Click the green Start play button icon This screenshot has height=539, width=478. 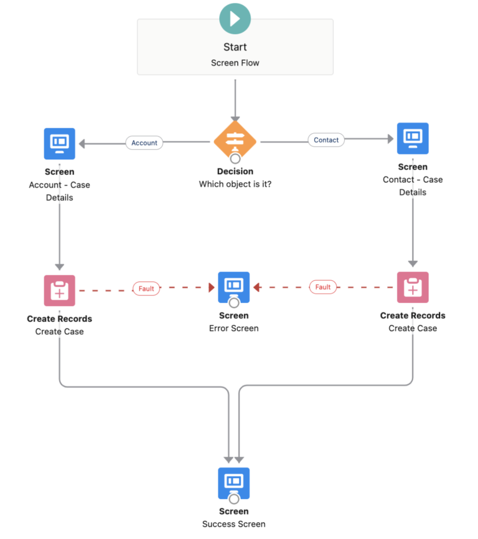[235, 19]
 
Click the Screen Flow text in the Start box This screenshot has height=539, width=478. [235, 63]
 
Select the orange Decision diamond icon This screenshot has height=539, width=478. [235, 141]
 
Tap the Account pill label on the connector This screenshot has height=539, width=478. [144, 143]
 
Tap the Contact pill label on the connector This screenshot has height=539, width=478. [326, 140]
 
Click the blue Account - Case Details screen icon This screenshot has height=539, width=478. [60, 144]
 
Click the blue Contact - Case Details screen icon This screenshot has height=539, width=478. [413, 138]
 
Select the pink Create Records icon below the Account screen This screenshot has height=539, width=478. [60, 291]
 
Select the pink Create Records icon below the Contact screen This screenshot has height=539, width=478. [413, 287]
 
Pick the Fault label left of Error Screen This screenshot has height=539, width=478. [146, 289]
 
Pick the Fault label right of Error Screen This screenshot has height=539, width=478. [322, 287]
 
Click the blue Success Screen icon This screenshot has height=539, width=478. [234, 483]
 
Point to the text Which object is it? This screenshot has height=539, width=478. [235, 184]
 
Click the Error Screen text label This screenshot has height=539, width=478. [234, 328]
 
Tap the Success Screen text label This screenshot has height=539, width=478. [234, 524]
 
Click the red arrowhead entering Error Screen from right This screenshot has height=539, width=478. [256, 288]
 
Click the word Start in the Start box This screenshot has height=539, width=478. [235, 47]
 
